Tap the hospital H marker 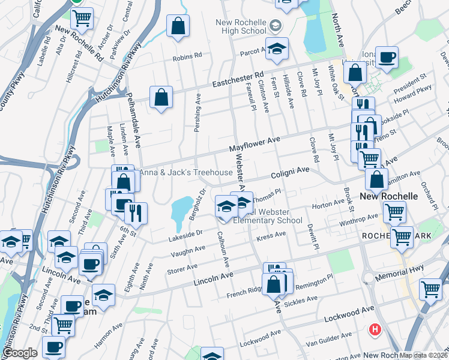[x=375, y=329]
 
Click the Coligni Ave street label [x=289, y=172]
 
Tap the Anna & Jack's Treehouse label [x=186, y=173]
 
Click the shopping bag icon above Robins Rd [x=178, y=26]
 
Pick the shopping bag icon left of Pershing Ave [x=161, y=97]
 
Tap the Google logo [x=20, y=353]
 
